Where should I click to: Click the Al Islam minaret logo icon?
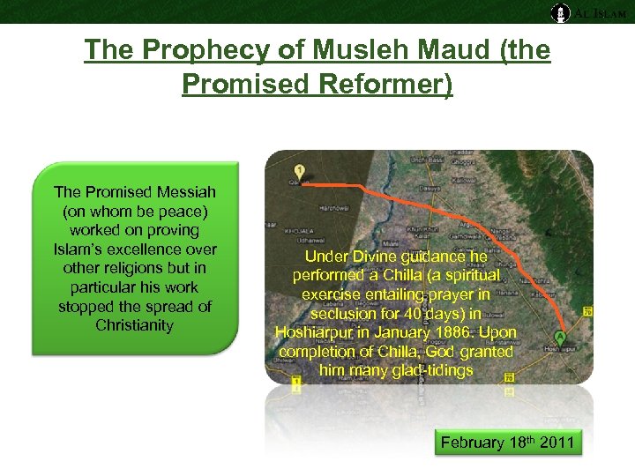click(x=559, y=12)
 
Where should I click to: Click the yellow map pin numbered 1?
click(x=301, y=171)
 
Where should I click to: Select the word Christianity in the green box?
click(x=135, y=325)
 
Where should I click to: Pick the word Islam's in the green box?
click(x=85, y=249)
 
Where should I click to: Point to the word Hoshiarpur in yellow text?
click(x=317, y=332)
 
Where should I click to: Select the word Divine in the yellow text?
click(x=373, y=256)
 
